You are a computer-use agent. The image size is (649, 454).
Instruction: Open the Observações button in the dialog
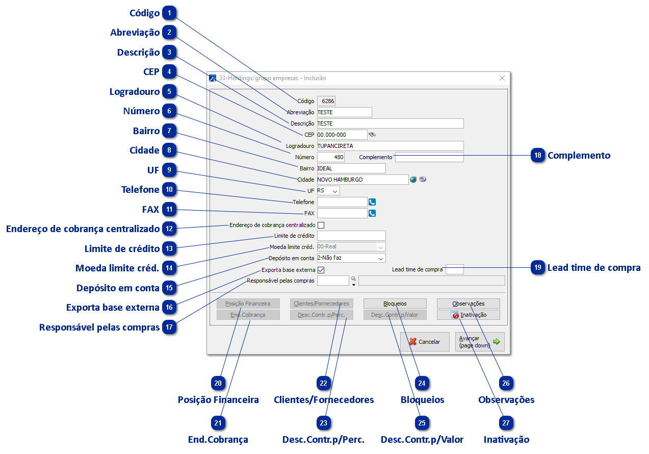coord(468,304)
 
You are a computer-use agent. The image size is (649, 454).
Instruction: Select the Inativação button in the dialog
coord(468,315)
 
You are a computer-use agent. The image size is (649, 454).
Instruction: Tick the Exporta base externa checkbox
coord(321,270)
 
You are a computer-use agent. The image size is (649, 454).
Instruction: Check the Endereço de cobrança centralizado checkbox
coord(321,225)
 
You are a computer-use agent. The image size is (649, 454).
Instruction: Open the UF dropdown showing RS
coord(328,191)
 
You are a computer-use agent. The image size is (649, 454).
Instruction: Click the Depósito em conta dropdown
coord(351,258)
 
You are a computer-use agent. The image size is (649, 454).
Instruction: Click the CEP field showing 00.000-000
coord(342,135)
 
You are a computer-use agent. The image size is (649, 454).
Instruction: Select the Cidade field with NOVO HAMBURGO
coord(362,180)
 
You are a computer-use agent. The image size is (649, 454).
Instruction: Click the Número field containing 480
coord(331,157)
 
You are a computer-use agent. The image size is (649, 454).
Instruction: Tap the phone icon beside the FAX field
coord(372,213)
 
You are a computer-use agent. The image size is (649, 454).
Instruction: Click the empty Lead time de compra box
coord(454,269)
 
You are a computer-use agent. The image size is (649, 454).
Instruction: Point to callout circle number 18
coord(538,155)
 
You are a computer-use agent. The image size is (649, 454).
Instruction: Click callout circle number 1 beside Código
coord(170,13)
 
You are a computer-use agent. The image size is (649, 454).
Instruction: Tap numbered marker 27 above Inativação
coord(507,423)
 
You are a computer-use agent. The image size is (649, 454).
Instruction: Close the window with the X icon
coord(502,78)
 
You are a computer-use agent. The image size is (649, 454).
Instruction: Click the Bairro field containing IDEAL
coord(351,168)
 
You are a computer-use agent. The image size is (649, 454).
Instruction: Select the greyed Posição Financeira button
coord(248,304)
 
